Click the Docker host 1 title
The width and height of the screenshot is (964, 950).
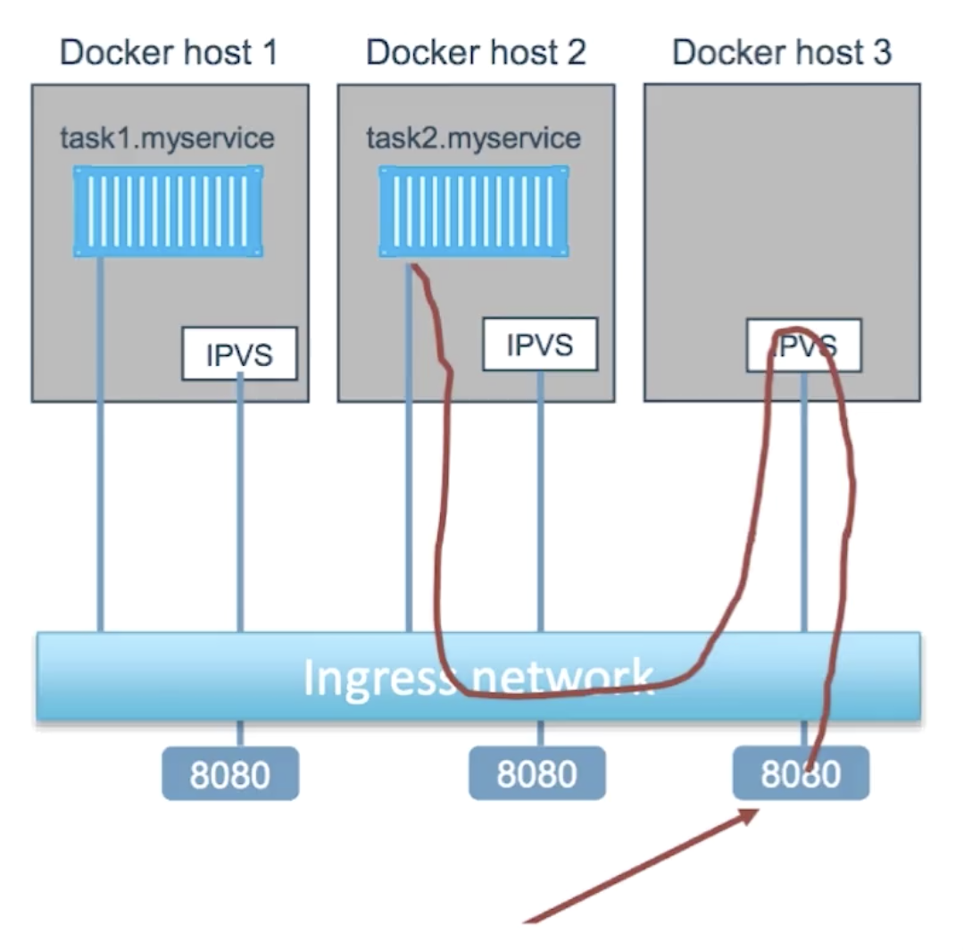(x=168, y=53)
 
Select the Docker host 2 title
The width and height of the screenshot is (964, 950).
(x=476, y=53)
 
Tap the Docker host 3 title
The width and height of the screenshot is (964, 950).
(x=782, y=53)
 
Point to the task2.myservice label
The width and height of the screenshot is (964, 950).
(x=473, y=138)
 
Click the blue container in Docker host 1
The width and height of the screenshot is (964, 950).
(x=169, y=212)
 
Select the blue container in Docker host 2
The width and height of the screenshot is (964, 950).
(x=474, y=212)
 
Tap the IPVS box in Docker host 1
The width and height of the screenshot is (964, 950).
(x=239, y=354)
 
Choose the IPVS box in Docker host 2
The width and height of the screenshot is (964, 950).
(x=539, y=345)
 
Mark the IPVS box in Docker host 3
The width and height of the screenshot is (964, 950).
(x=804, y=345)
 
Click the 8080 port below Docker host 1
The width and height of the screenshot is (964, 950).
(x=229, y=774)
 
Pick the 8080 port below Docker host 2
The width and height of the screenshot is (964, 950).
(x=536, y=774)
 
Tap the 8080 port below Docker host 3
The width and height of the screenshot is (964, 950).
(x=801, y=774)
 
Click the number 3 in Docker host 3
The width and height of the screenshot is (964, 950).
(x=881, y=53)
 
